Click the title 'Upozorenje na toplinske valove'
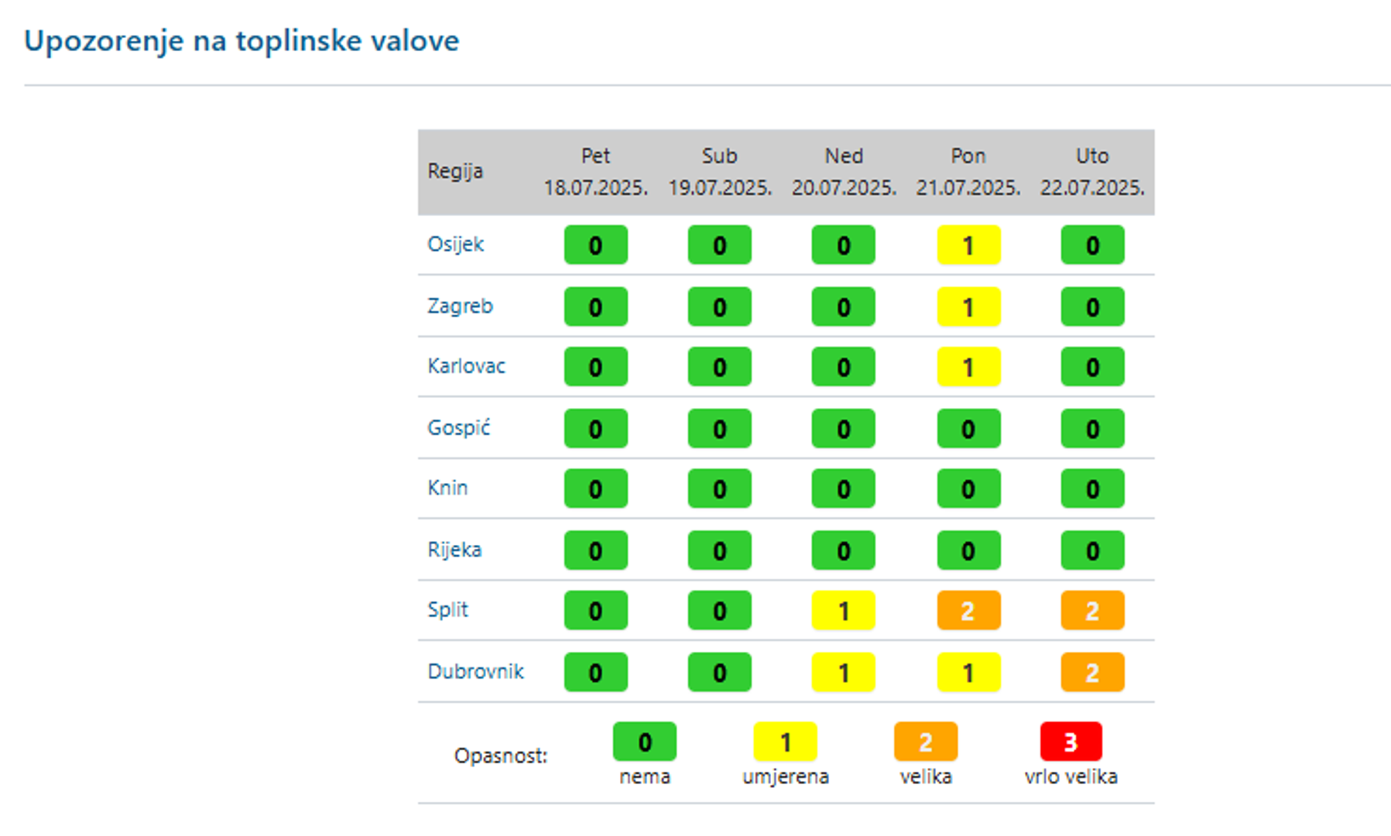242,41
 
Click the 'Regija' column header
455,171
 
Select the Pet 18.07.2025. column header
595,171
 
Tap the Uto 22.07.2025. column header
1091,171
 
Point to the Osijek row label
455,245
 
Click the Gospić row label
458,428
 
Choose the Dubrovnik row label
475,671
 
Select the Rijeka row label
454,550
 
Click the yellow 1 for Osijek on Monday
968,245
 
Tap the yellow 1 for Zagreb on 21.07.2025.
968,307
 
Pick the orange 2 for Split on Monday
968,611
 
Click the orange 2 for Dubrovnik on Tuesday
1091,673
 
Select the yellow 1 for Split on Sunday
843,611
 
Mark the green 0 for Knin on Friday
595,489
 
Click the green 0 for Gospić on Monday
968,429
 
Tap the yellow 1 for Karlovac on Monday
968,367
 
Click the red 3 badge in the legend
1071,742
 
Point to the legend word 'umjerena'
785,776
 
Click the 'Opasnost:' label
501,755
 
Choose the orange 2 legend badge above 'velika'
925,742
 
